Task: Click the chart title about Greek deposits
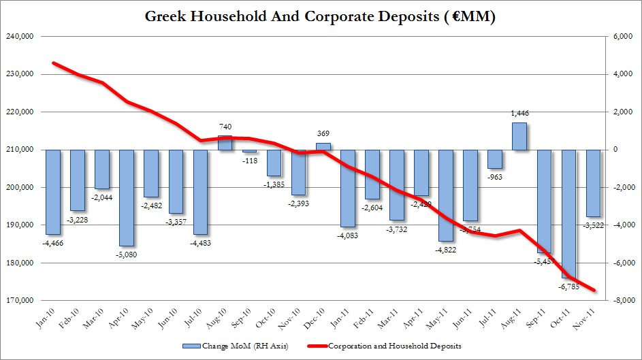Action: (x=321, y=16)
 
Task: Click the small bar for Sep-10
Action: (x=249, y=151)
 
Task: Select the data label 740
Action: (x=226, y=127)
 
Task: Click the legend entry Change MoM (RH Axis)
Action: (x=236, y=346)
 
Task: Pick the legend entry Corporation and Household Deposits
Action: (x=395, y=346)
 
